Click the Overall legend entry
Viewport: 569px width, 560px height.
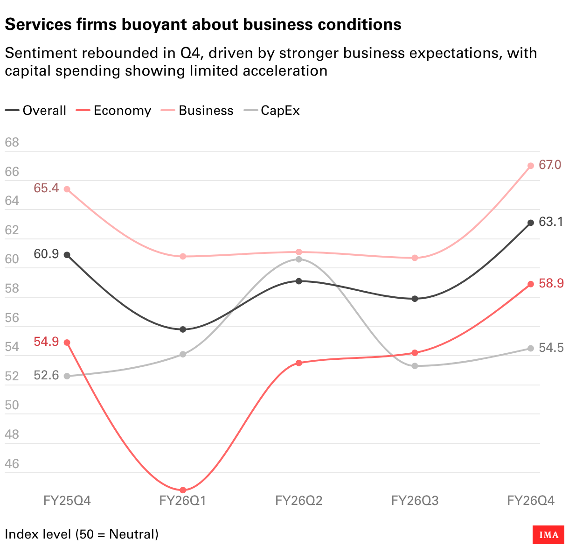35,111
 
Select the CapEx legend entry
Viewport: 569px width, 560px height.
271,111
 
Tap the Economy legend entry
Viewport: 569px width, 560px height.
114,111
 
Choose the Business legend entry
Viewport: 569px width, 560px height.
197,111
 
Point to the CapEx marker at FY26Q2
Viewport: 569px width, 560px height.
299,259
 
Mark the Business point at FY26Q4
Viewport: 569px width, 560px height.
531,166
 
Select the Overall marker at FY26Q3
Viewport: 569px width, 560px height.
415,299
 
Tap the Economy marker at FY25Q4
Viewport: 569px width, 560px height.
67,343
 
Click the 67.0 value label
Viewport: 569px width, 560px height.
550,165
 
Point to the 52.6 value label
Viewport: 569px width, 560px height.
46,375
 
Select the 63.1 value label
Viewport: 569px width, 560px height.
551,222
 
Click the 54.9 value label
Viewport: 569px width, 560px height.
46,342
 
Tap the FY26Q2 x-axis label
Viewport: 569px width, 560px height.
299,501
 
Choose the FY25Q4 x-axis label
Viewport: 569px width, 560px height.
67,501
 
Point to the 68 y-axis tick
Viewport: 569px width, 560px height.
12,142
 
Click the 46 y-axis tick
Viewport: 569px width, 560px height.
12,464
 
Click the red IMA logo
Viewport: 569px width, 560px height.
548,535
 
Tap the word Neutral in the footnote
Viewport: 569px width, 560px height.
133,534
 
